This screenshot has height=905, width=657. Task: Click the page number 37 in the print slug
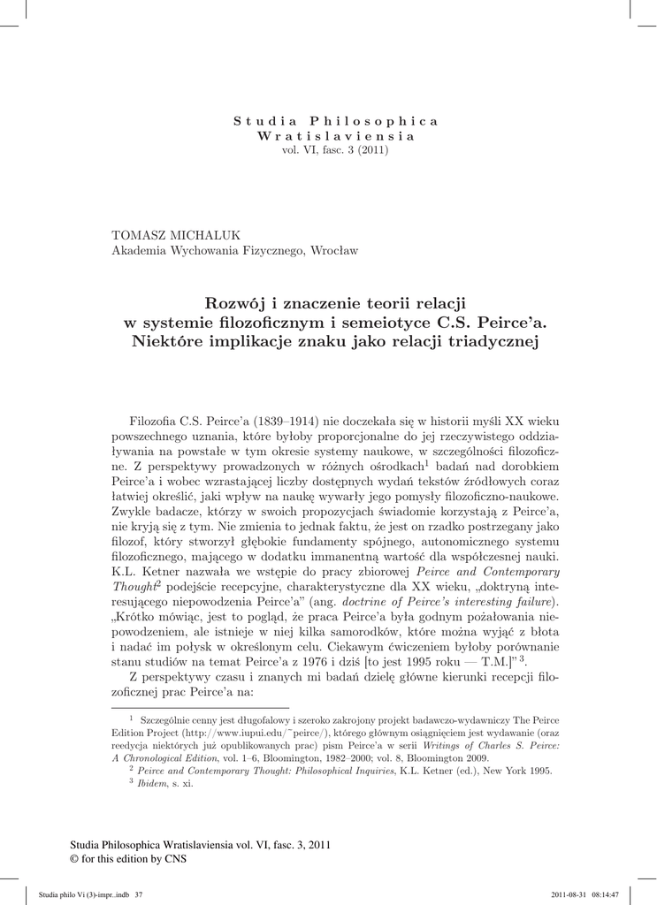[x=138, y=894]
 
